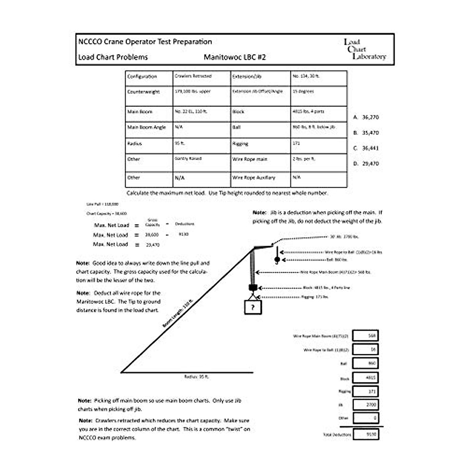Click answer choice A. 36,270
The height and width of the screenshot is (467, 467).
tap(366, 117)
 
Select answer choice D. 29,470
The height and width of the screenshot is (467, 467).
tap(366, 164)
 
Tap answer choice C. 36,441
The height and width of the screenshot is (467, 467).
tap(366, 148)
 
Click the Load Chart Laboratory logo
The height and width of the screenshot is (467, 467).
tap(365, 49)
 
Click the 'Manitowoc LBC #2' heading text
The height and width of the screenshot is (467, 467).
tap(235, 57)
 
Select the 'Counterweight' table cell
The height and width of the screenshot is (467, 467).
tap(149, 96)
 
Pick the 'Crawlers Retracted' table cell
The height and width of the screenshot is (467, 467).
tap(201, 78)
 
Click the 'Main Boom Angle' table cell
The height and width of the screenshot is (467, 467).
tap(149, 130)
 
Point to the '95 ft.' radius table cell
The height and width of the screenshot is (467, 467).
tap(201, 146)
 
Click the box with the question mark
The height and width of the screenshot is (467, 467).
tap(253, 307)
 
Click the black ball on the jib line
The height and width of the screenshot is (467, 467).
tap(277, 259)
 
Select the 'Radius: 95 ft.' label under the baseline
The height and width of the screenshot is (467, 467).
tap(197, 377)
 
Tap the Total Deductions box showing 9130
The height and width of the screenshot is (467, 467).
tap(366, 434)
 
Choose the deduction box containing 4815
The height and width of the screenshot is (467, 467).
tap(366, 377)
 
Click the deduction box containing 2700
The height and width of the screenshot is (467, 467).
tap(366, 405)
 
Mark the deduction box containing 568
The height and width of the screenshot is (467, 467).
tap(366, 335)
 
